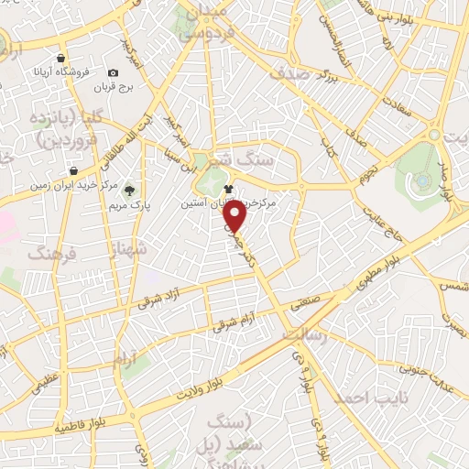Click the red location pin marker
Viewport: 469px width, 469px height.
point(236,217)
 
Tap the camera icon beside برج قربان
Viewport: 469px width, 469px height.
point(113,72)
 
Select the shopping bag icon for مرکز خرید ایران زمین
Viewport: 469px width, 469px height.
point(73,170)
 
